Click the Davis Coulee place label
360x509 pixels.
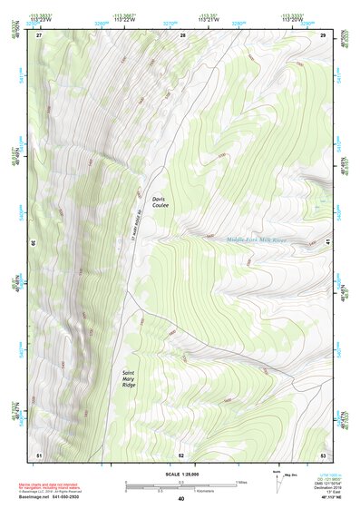coord(161,201)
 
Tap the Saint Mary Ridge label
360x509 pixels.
coord(132,377)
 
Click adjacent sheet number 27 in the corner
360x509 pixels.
coord(39,34)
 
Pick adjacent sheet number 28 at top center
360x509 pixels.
coord(182,34)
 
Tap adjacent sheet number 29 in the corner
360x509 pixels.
coord(323,34)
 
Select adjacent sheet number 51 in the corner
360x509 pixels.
coord(39,454)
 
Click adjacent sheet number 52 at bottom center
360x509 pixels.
coord(181,454)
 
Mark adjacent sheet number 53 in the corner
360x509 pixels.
coord(323,454)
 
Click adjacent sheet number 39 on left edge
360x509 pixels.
coord(35,243)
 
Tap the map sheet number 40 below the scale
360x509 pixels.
coord(180,498)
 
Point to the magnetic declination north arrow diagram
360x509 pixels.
coord(276,480)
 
